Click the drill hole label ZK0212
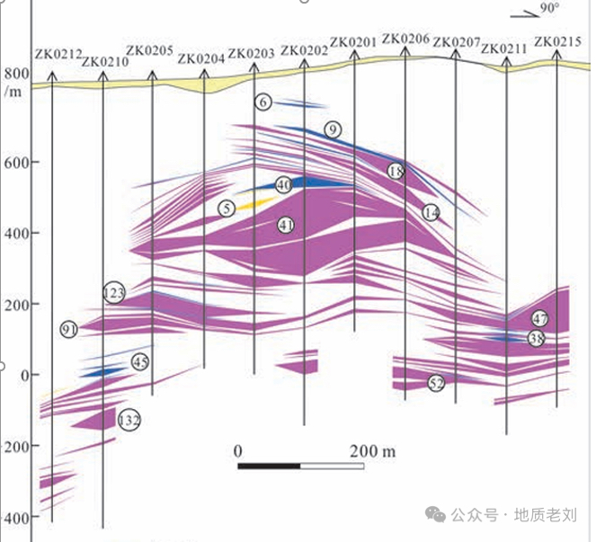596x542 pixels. tap(58, 55)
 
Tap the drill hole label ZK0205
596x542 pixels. tap(150, 50)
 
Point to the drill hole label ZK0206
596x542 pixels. tap(405, 39)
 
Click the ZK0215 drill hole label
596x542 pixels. tap(557, 41)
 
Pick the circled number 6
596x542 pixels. tap(262, 102)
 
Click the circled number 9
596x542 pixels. tap(333, 130)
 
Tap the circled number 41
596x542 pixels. tap(287, 224)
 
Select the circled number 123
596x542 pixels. tap(114, 293)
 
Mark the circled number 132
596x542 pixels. tap(129, 420)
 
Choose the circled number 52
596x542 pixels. tap(437, 384)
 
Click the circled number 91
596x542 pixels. tap(70, 331)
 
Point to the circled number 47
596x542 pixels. tap(539, 319)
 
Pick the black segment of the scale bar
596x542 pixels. tap(269, 466)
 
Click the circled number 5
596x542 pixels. tap(226, 209)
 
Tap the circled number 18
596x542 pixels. tap(396, 171)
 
